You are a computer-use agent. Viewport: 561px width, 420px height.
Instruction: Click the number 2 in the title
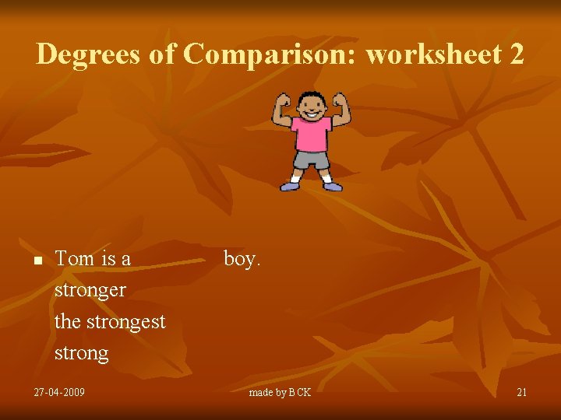(516, 54)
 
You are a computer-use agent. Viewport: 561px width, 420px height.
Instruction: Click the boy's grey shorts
(311, 160)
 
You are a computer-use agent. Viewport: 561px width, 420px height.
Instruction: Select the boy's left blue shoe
(333, 186)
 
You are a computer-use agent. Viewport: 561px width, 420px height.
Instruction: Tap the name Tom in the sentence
(75, 259)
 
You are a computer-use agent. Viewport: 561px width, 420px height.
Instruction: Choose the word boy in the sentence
(242, 259)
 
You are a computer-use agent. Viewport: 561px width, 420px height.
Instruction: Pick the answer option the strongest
(110, 321)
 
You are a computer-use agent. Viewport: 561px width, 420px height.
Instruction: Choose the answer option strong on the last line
(82, 353)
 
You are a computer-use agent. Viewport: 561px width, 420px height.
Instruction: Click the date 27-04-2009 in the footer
(59, 392)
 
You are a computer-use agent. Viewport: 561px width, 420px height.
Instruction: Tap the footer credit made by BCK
(280, 392)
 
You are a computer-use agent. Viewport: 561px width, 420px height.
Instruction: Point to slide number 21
(521, 392)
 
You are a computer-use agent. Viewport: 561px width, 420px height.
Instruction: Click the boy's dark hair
(312, 96)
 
